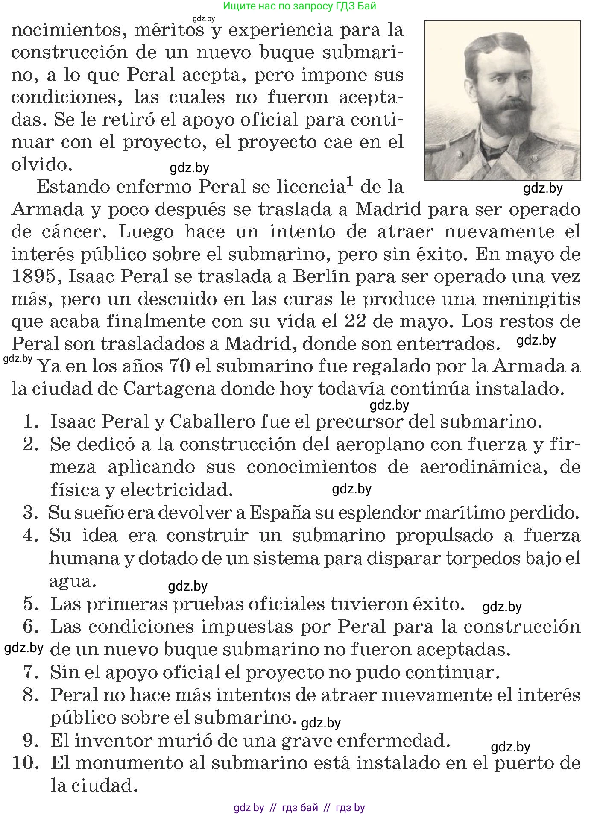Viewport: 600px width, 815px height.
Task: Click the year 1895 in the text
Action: tap(34, 276)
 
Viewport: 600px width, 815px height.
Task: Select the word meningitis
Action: tap(531, 299)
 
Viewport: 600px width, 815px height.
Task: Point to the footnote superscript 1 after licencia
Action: tap(350, 182)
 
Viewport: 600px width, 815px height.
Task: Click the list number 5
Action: tap(31, 604)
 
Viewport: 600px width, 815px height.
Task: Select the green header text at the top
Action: tap(299, 6)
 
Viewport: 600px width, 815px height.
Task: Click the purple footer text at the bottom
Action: tap(299, 808)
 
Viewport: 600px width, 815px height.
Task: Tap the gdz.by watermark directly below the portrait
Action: tap(543, 188)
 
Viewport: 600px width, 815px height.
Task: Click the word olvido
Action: tap(39, 164)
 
